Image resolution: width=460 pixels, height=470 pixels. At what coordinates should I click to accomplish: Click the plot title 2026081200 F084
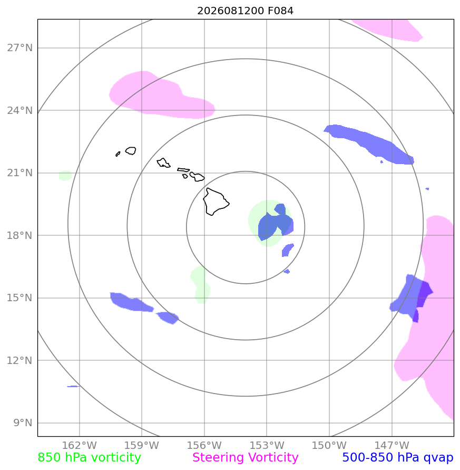pos(245,11)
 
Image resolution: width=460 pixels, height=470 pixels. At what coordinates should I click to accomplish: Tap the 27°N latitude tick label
pos(20,48)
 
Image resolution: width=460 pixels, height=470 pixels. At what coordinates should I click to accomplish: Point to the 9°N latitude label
pos(23,423)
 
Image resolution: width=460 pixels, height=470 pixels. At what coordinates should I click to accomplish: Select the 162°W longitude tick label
pos(80,445)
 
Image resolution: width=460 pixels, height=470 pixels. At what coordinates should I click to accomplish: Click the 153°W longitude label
pos(267,445)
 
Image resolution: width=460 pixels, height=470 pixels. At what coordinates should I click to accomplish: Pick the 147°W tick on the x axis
pos(392,445)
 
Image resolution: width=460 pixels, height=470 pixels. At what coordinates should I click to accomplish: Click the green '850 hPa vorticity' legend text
pos(89,458)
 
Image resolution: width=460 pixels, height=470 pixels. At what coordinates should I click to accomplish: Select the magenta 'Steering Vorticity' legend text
pos(245,458)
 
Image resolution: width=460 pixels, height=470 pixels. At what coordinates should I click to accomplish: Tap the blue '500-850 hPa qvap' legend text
pos(398,458)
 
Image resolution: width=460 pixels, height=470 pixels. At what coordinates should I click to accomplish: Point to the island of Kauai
pos(131,151)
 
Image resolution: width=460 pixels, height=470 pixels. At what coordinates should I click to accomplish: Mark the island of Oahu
pos(163,163)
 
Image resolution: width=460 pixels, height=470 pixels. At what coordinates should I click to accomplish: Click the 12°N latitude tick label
pos(20,361)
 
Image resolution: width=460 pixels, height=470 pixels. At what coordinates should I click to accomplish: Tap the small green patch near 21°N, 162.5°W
pos(65,176)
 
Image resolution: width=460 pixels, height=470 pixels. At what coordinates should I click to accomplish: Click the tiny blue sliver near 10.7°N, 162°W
pos(73,386)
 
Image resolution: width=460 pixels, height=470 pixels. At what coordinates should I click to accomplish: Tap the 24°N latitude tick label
pos(20,111)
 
